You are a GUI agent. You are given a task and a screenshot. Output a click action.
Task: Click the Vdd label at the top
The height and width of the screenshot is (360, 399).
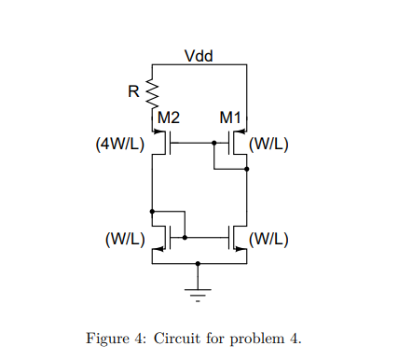point(199,55)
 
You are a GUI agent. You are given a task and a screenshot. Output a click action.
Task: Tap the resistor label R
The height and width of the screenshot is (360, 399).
point(133,91)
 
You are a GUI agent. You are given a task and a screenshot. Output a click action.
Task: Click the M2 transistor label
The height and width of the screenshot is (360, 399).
point(169,118)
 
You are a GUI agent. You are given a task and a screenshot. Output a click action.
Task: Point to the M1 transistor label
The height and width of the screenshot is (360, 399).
point(229,118)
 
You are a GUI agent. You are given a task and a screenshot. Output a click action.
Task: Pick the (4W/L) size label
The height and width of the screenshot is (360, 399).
point(118,145)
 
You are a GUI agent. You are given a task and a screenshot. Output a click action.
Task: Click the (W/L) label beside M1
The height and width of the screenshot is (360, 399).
point(269,145)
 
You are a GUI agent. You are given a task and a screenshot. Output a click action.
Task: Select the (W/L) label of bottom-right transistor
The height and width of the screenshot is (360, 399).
point(269,238)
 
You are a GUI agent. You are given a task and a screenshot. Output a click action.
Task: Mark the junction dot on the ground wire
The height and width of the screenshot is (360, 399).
point(198,264)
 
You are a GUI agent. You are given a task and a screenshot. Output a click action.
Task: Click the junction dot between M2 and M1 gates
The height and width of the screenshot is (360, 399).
point(213,144)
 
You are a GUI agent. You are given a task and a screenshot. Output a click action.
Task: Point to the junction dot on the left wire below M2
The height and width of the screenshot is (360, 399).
point(151,211)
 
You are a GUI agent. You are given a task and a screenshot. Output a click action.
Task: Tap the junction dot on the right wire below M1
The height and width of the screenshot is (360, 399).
point(246,171)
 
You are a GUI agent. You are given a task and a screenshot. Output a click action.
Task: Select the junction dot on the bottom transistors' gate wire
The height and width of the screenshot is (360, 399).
point(185,238)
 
